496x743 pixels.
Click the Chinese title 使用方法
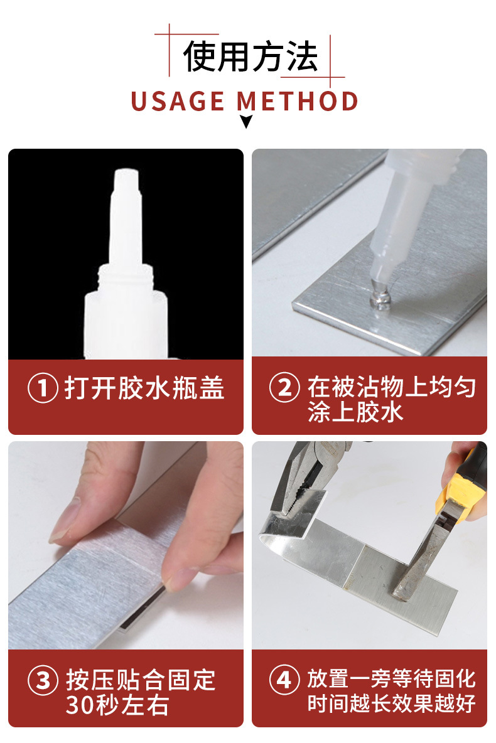(x=251, y=56)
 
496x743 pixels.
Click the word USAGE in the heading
(x=178, y=101)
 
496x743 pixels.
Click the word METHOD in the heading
(x=298, y=101)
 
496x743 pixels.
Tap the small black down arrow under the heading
(x=246, y=122)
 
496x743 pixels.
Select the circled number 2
(x=284, y=388)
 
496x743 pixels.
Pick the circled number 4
(x=284, y=680)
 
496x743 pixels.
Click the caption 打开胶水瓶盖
(x=144, y=388)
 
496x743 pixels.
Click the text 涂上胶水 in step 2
(x=355, y=412)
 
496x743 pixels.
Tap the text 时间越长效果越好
(x=391, y=703)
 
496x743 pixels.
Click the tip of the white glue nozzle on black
(x=126, y=173)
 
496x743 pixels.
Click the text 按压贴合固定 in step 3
(x=141, y=680)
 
